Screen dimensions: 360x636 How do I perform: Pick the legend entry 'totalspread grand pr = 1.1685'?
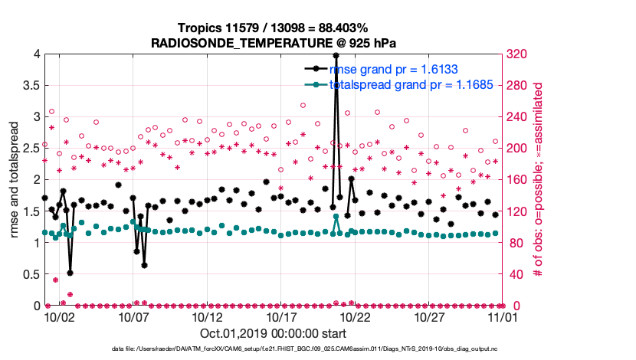(410, 84)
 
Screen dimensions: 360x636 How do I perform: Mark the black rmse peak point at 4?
(336, 55)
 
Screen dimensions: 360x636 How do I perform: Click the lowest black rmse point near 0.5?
(70, 273)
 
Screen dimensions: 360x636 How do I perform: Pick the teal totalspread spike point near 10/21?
(336, 217)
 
